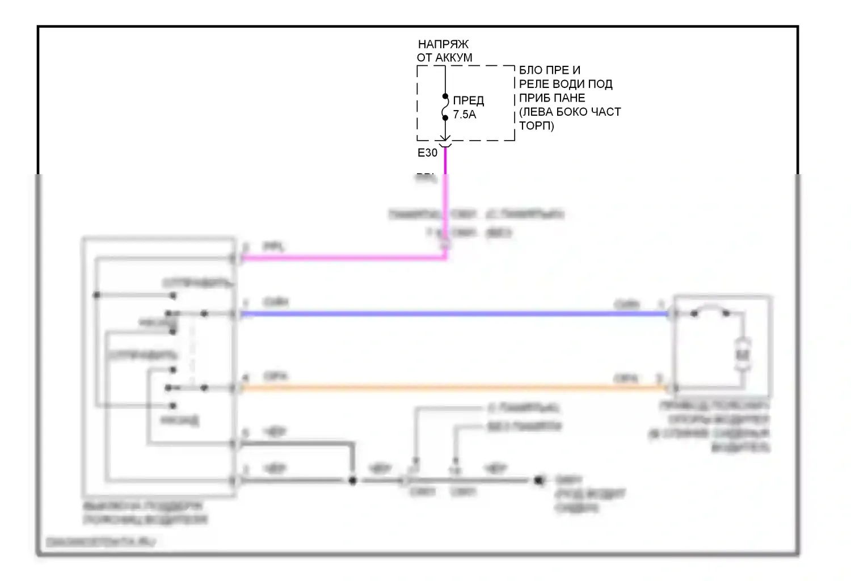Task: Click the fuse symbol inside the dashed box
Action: [445, 107]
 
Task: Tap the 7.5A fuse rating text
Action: [464, 115]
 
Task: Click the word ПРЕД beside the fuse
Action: [468, 100]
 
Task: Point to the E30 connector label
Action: [427, 153]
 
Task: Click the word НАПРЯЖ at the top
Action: [443, 44]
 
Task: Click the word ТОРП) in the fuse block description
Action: [536, 125]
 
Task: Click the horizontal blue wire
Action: [454, 313]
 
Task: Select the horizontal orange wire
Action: [454, 388]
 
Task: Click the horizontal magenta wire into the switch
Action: [340, 258]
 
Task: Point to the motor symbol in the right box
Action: [743, 355]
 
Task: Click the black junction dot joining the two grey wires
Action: [352, 481]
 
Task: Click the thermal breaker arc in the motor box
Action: [710, 310]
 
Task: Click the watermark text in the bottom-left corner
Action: [100, 542]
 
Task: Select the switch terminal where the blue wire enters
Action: [233, 313]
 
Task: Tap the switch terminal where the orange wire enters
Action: [233, 388]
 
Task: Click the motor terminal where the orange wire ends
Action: [673, 388]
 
